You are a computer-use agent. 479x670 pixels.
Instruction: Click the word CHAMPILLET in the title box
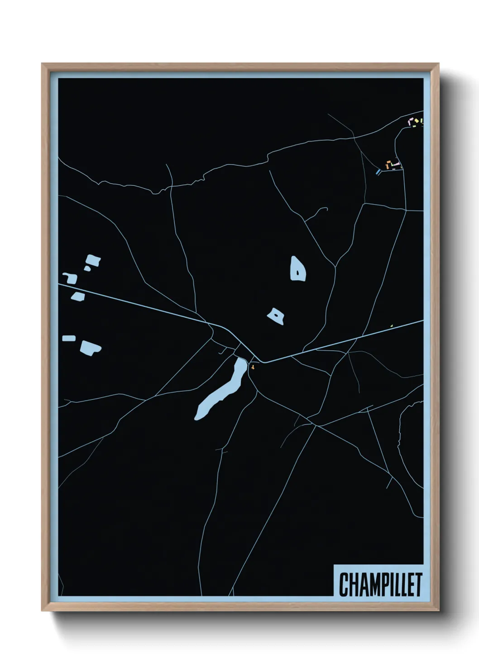380,584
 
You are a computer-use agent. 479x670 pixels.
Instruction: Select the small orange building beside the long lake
252,368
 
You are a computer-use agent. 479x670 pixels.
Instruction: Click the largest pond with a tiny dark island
297,269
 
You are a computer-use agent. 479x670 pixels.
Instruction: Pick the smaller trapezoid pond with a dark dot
276,316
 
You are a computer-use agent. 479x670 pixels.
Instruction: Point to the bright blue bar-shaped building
378,171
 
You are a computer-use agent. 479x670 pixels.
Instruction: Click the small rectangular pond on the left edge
69,338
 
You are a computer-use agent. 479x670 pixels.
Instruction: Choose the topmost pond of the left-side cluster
93,260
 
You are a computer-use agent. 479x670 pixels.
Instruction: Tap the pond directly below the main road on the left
78,297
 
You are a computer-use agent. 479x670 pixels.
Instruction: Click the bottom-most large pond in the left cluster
91,348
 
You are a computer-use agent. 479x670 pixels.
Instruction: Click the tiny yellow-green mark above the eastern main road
391,325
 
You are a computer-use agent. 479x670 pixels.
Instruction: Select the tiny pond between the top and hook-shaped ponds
87,268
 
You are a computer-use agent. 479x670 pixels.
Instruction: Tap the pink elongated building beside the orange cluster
396,162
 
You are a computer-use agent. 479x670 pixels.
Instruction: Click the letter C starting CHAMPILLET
344,584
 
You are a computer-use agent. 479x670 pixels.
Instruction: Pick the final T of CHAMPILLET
418,584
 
